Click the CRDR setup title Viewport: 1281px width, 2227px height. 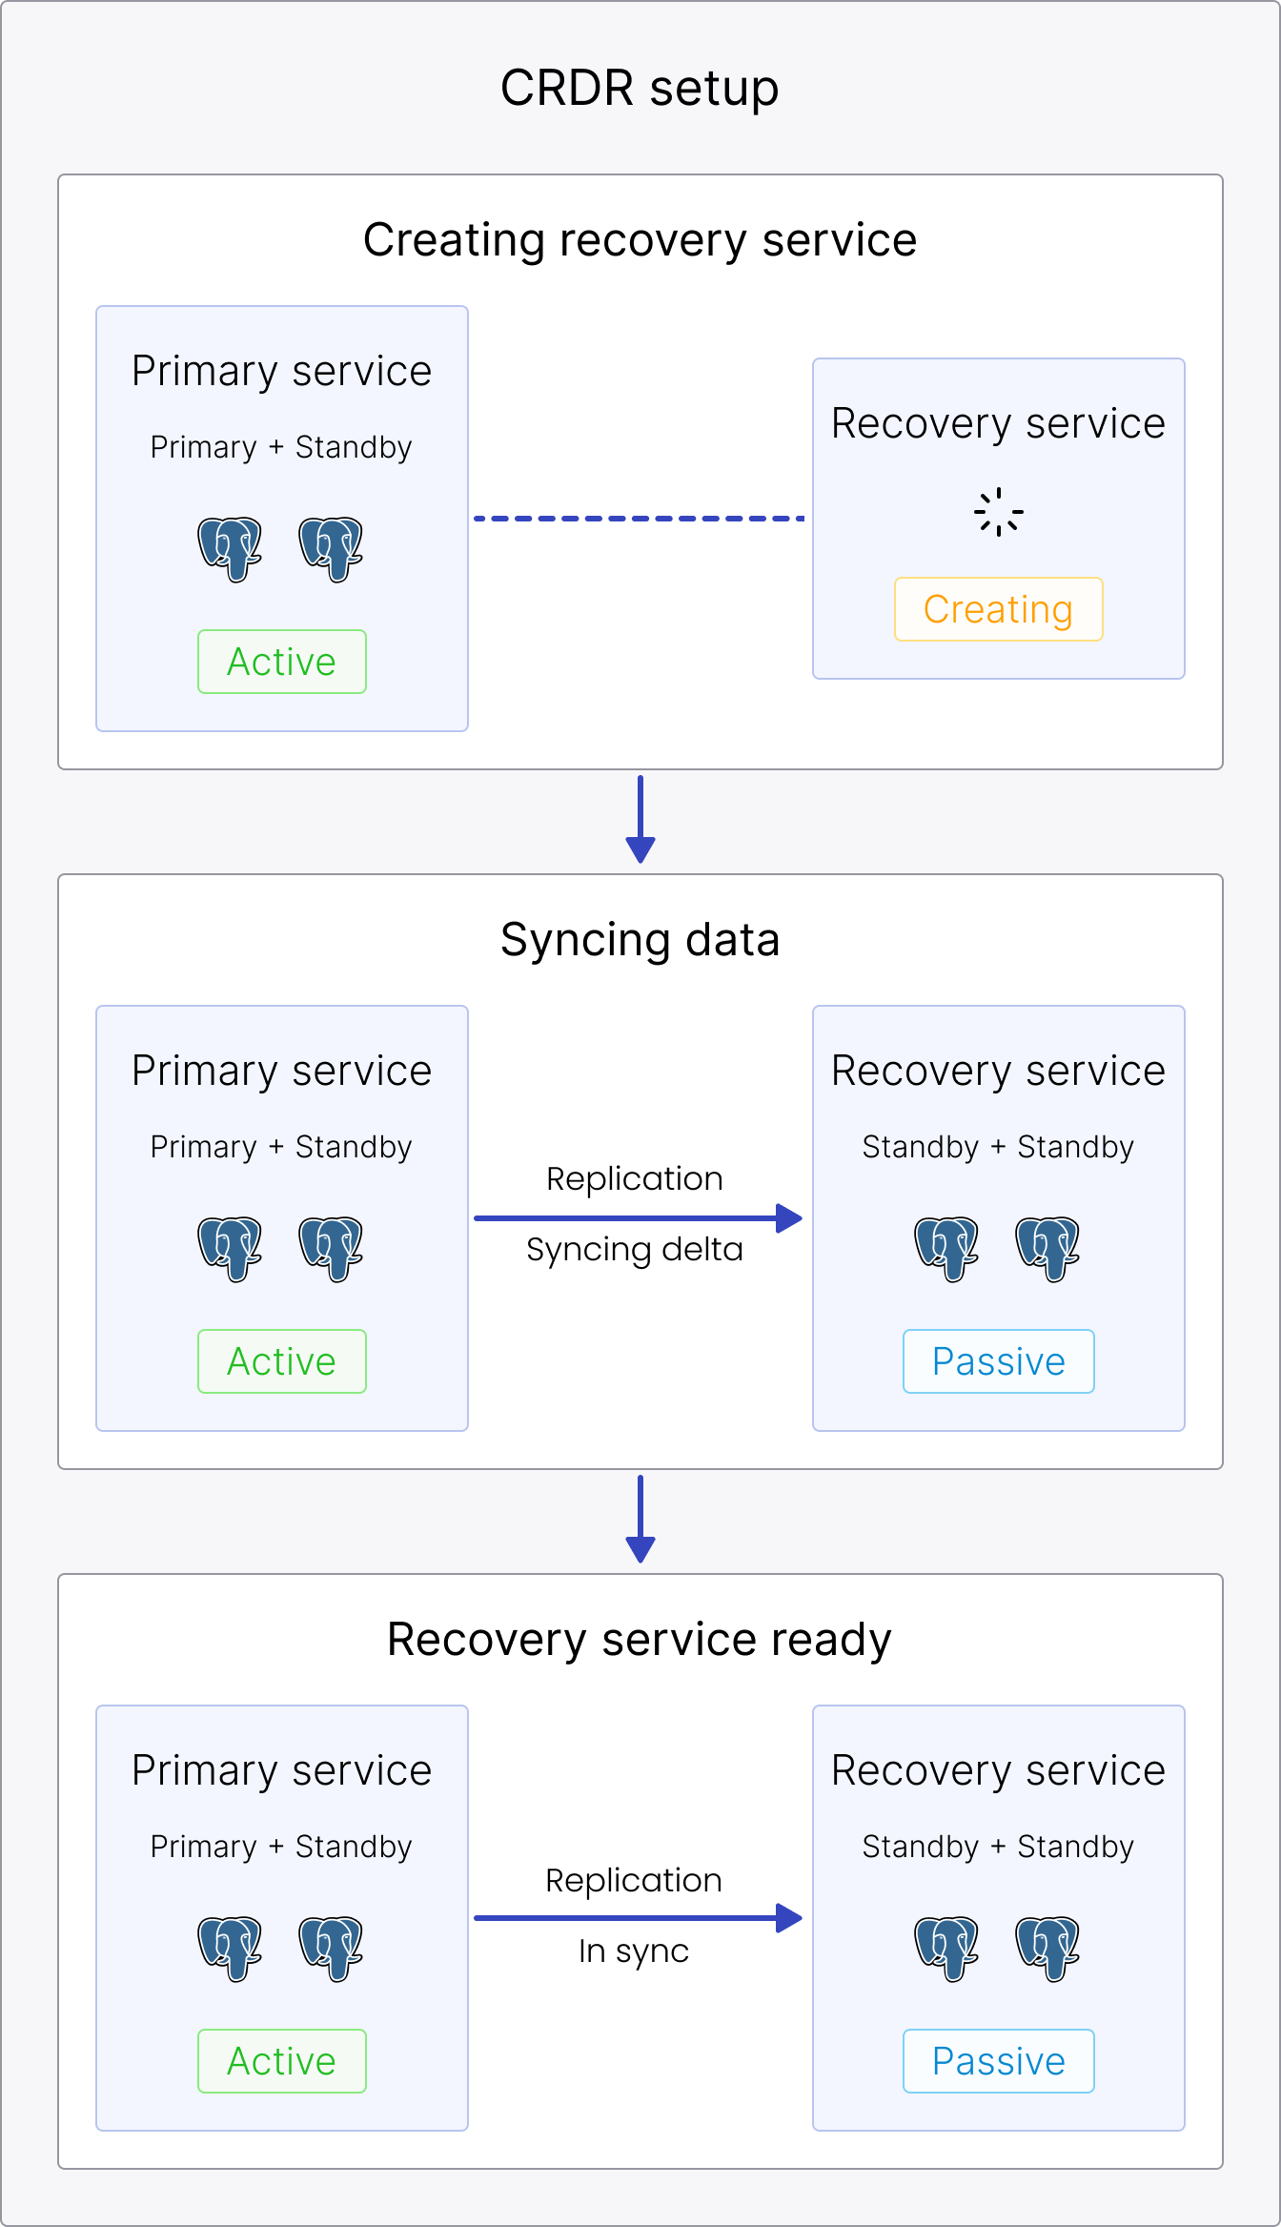click(x=640, y=89)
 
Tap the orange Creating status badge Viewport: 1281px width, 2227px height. click(x=998, y=609)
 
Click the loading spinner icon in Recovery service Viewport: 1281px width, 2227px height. click(x=998, y=513)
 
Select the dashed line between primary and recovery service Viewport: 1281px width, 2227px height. click(x=639, y=519)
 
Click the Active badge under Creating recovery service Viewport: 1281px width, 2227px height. click(x=281, y=662)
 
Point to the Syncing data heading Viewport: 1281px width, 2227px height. click(x=640, y=940)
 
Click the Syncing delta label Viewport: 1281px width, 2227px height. click(x=634, y=1250)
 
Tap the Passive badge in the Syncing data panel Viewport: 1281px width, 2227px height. click(x=998, y=1361)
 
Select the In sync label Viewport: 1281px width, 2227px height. click(x=633, y=1951)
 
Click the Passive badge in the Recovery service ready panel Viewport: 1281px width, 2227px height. click(x=998, y=2061)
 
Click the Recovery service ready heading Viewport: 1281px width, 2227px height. click(x=640, y=1640)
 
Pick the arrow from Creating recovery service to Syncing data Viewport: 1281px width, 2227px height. click(x=640, y=821)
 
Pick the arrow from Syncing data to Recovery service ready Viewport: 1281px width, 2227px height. click(x=640, y=1521)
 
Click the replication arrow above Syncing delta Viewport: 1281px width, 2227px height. click(x=637, y=1218)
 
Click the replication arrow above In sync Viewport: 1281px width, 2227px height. click(x=637, y=1918)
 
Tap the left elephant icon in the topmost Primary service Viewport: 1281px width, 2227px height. click(x=230, y=548)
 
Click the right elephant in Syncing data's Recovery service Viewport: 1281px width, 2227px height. click(x=1047, y=1248)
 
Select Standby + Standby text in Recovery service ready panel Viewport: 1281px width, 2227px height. click(x=998, y=1847)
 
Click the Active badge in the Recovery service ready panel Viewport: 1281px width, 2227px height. click(x=281, y=2061)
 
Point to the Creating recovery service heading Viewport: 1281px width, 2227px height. click(x=640, y=240)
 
